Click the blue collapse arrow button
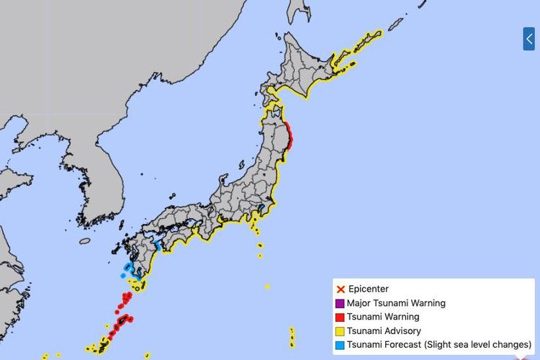pos(528,39)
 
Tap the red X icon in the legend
pos(341,289)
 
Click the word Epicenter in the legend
pos(369,289)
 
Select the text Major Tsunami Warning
pos(397,303)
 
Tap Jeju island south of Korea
pos(85,240)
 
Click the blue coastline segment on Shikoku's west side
pos(158,246)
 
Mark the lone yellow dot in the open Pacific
pos(267,287)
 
